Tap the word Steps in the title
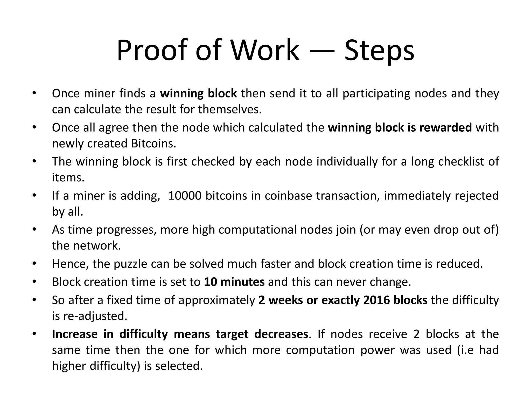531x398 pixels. click(x=379, y=51)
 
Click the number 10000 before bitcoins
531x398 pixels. click(x=185, y=196)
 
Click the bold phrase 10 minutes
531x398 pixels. click(x=234, y=282)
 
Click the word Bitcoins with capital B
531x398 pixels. click(x=153, y=144)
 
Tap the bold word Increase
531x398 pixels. click(x=75, y=334)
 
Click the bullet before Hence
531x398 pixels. click(x=34, y=264)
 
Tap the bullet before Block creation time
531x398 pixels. click(x=34, y=282)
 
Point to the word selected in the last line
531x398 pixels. click(x=179, y=366)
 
